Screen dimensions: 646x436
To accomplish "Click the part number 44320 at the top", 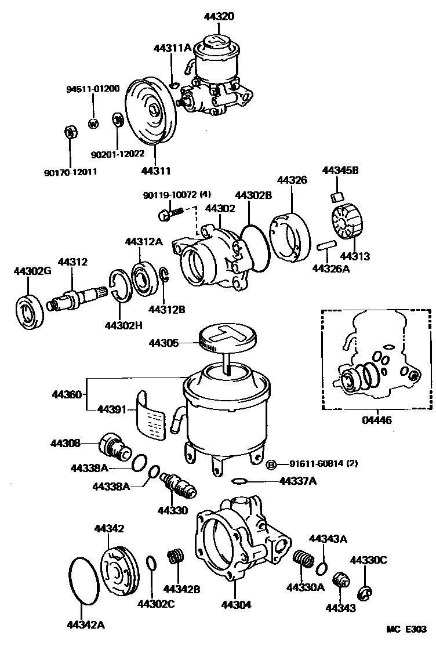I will tap(219, 17).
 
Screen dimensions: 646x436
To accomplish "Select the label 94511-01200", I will tap(93, 89).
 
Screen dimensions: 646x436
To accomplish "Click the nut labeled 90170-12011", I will tap(70, 132).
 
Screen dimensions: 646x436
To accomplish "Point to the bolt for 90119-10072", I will tap(168, 215).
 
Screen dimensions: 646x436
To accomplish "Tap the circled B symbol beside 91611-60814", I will tap(270, 464).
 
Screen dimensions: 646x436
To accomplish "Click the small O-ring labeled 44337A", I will tap(239, 481).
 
